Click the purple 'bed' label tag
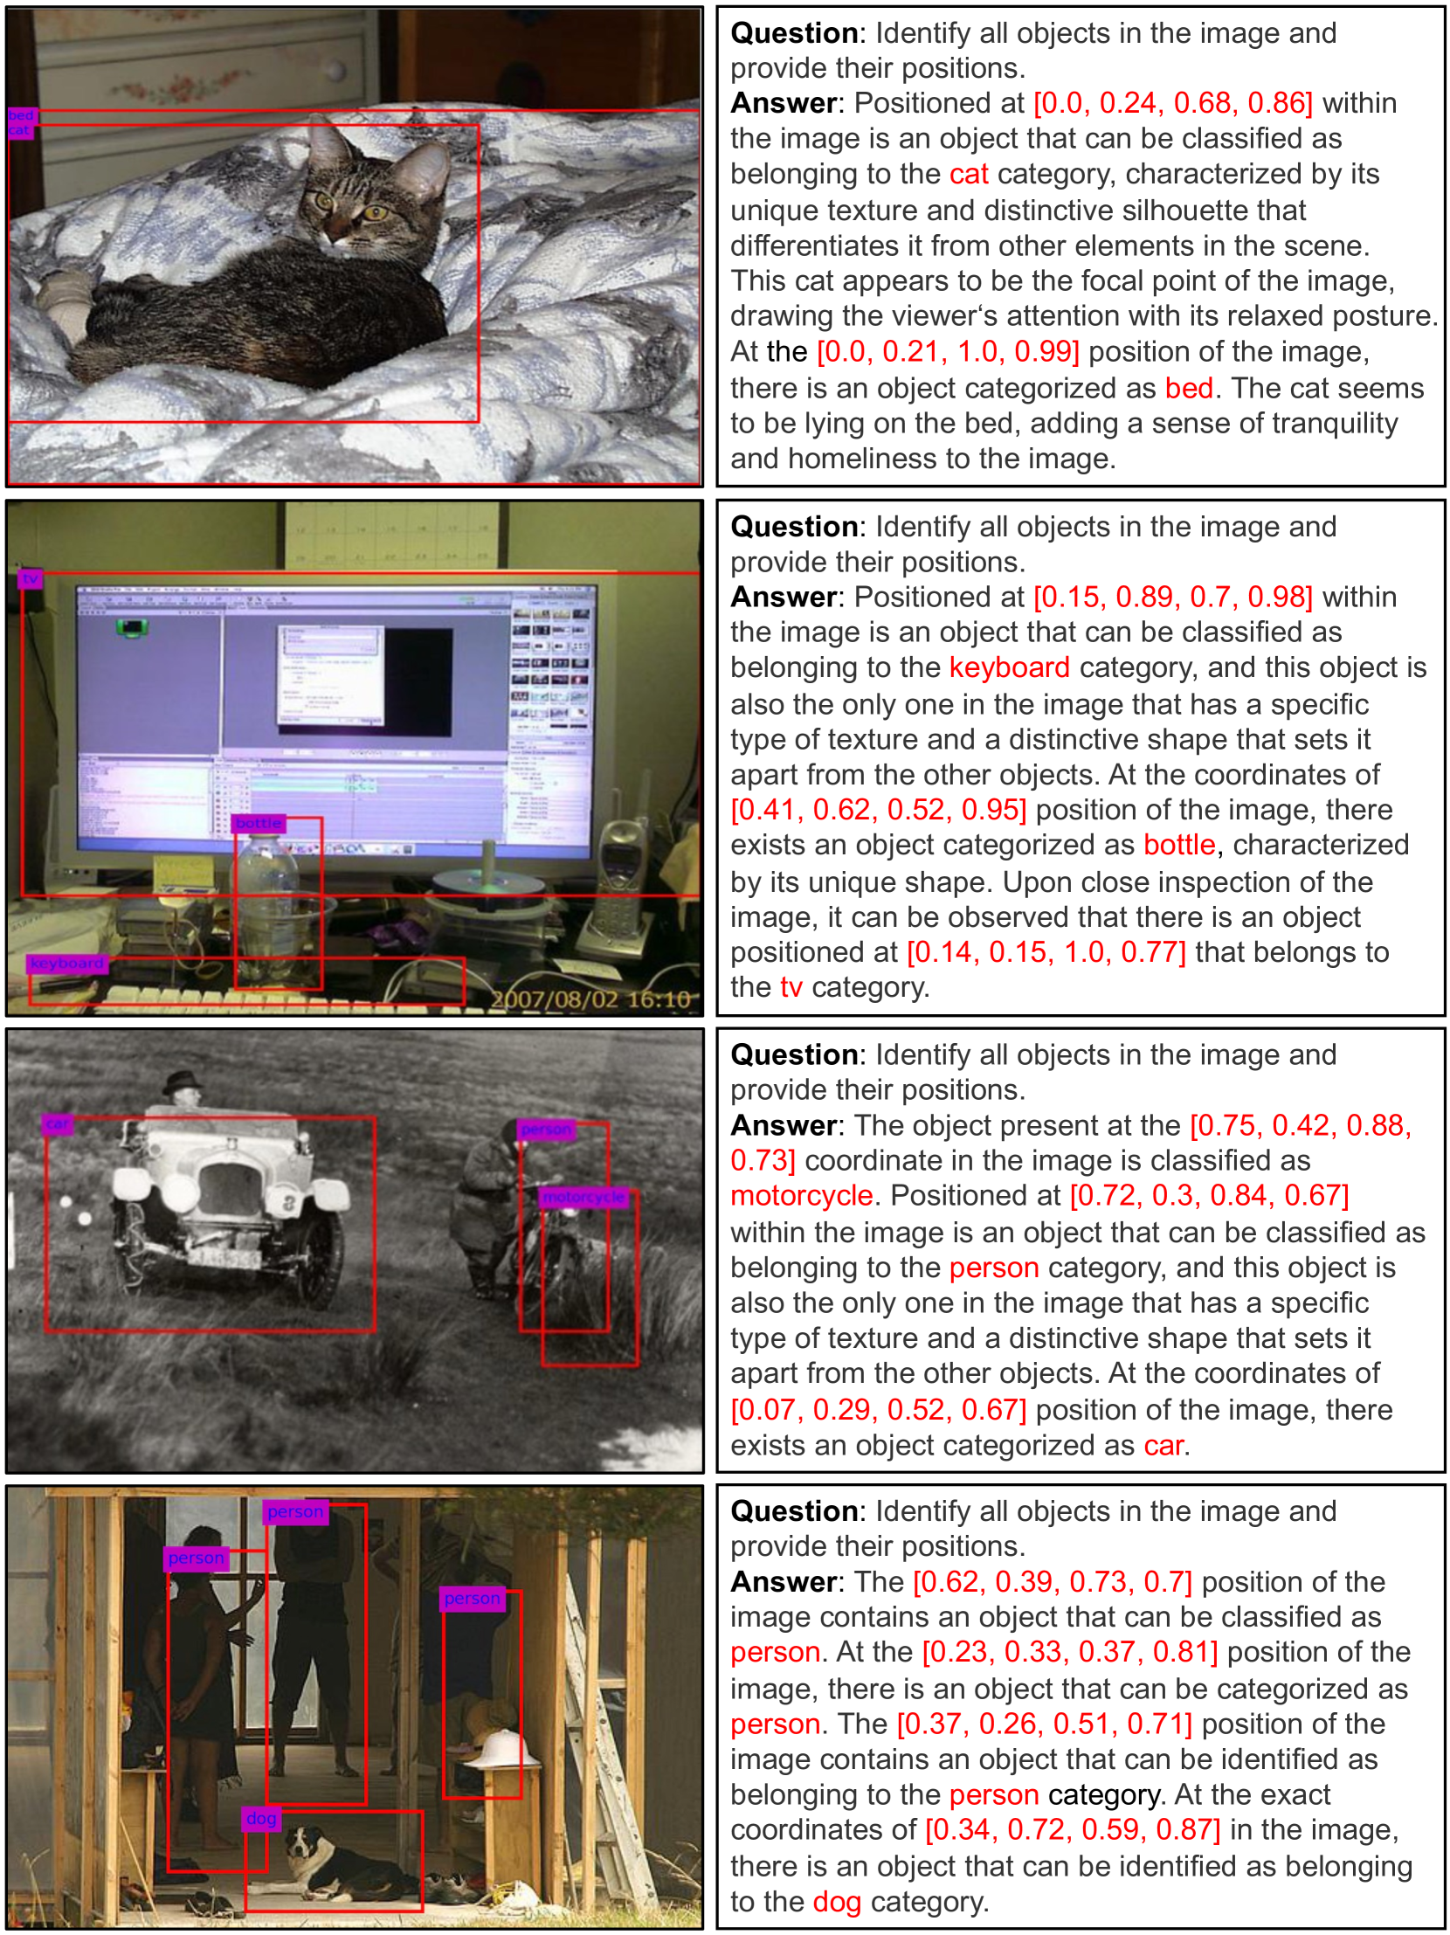21,115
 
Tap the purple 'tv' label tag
31,579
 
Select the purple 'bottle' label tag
259,823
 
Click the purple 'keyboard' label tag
66,963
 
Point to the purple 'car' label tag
58,1124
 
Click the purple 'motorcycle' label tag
583,1197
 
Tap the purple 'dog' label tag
261,1818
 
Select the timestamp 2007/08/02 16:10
590,999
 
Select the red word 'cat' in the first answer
969,174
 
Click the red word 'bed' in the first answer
1189,388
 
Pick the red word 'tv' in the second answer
791,987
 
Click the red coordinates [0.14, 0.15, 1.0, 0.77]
1046,951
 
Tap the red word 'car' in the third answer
1164,1445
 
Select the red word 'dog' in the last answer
837,1902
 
